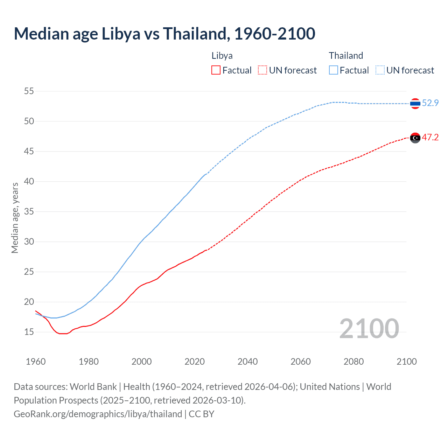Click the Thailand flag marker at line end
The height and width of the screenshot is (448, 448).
point(415,104)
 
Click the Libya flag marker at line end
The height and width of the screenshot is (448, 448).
point(415,138)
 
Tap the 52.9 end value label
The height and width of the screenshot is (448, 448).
point(430,103)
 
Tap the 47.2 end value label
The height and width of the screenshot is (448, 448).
point(430,137)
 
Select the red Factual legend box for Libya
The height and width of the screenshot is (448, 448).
point(216,70)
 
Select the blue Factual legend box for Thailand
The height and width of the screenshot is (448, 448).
point(333,70)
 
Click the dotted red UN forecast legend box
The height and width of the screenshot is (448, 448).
point(262,70)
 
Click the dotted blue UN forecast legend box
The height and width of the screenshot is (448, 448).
point(380,70)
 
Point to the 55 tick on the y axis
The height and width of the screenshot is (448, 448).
point(29,91)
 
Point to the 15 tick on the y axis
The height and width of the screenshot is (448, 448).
point(29,332)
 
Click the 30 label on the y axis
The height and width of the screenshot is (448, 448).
point(29,241)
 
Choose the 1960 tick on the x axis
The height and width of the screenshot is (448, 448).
point(36,362)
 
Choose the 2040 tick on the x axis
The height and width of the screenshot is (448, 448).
point(247,362)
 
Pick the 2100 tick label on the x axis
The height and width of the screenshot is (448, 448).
point(406,362)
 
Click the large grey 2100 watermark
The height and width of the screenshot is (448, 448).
point(369,328)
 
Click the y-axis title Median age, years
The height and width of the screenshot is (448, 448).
point(15,218)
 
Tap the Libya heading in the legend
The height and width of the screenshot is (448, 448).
point(222,56)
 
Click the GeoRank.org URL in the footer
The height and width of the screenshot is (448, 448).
point(98,414)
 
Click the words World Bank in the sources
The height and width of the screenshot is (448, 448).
point(93,387)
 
